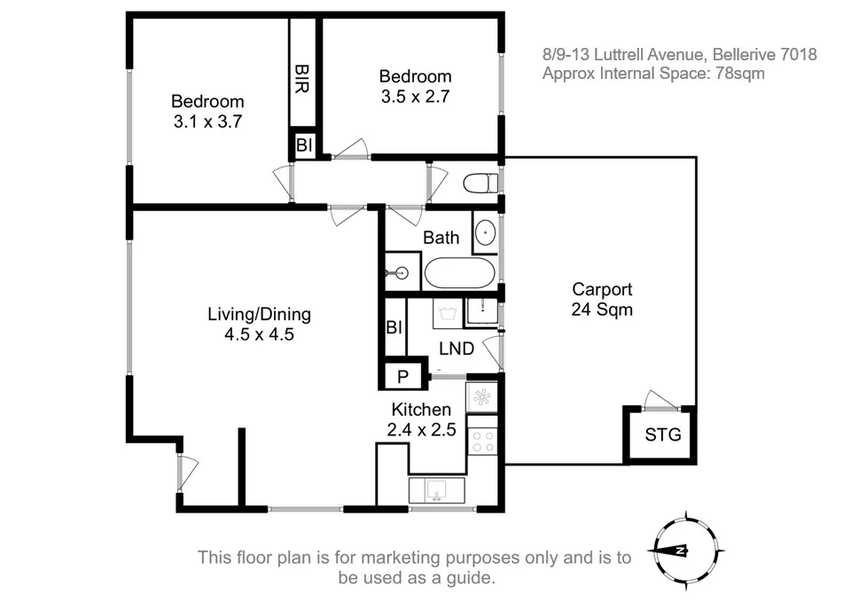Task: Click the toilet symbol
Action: coord(480,183)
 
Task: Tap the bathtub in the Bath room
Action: coord(460,272)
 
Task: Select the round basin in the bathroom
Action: coord(485,233)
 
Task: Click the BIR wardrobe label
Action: coord(301,78)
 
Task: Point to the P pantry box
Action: coord(402,376)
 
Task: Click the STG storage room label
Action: coord(663,434)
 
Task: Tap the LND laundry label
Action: coord(457,348)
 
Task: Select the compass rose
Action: coord(686,551)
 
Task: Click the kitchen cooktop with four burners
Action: coord(482,441)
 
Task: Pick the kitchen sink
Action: coord(437,490)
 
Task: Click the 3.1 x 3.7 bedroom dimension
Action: coord(207,121)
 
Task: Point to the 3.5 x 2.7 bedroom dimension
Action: coord(415,96)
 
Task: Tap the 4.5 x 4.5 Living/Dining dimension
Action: coord(260,334)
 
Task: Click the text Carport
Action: coord(602,289)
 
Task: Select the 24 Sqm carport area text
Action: coord(602,309)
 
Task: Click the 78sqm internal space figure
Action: coord(740,74)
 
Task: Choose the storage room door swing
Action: coord(660,400)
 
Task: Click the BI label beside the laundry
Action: coord(394,327)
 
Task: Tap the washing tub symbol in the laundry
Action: coord(449,313)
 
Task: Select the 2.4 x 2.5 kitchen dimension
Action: coord(421,429)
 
